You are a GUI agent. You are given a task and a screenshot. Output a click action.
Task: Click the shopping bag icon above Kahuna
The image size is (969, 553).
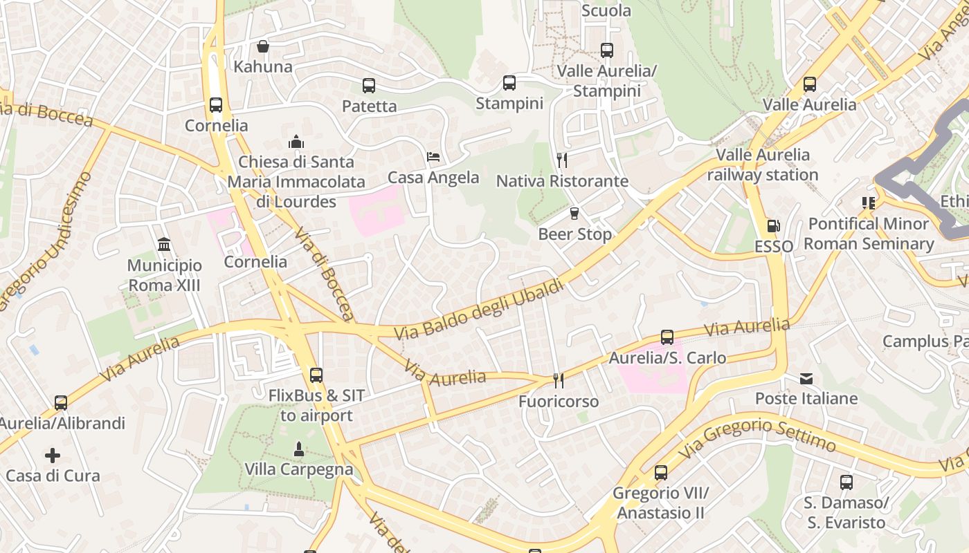(x=263, y=46)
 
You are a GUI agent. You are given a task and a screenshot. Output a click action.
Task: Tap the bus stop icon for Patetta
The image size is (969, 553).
(x=369, y=86)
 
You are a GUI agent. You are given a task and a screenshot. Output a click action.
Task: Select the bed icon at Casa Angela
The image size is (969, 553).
(x=433, y=157)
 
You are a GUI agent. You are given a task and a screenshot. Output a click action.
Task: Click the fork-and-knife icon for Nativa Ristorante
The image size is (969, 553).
(x=562, y=160)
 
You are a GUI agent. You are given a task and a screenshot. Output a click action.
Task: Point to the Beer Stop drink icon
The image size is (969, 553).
(x=574, y=214)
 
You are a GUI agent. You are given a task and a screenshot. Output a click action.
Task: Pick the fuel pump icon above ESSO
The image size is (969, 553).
(x=773, y=226)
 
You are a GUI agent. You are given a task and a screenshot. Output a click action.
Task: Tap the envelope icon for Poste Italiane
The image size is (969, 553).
(x=806, y=378)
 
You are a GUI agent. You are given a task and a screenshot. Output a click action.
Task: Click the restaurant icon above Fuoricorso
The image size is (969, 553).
(x=559, y=381)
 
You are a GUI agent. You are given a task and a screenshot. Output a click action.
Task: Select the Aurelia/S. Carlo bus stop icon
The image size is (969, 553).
(x=667, y=337)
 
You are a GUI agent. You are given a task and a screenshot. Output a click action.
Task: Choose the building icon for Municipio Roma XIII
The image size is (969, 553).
(x=165, y=245)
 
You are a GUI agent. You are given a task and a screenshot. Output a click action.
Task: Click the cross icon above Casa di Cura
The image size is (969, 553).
(x=53, y=456)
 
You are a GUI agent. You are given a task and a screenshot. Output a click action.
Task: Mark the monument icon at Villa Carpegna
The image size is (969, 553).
(x=299, y=449)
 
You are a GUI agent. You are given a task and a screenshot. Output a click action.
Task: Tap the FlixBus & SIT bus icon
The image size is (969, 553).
(x=316, y=375)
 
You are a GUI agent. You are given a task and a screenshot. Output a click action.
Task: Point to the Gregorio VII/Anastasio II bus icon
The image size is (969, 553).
(x=661, y=473)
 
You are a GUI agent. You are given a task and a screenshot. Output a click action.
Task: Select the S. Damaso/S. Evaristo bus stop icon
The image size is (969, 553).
(x=846, y=482)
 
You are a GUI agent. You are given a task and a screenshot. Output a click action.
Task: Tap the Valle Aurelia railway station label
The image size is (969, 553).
(x=763, y=165)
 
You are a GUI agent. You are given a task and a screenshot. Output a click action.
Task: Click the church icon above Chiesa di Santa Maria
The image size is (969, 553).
(x=296, y=142)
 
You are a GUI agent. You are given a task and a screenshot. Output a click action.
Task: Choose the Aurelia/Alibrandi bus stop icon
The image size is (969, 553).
(x=61, y=402)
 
